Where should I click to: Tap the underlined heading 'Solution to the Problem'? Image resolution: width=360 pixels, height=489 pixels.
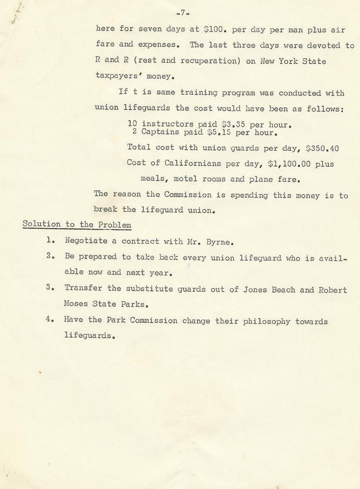pos(77,225)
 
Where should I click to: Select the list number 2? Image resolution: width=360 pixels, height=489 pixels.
pos(49,256)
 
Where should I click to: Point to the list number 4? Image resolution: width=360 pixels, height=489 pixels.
pos(49,321)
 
